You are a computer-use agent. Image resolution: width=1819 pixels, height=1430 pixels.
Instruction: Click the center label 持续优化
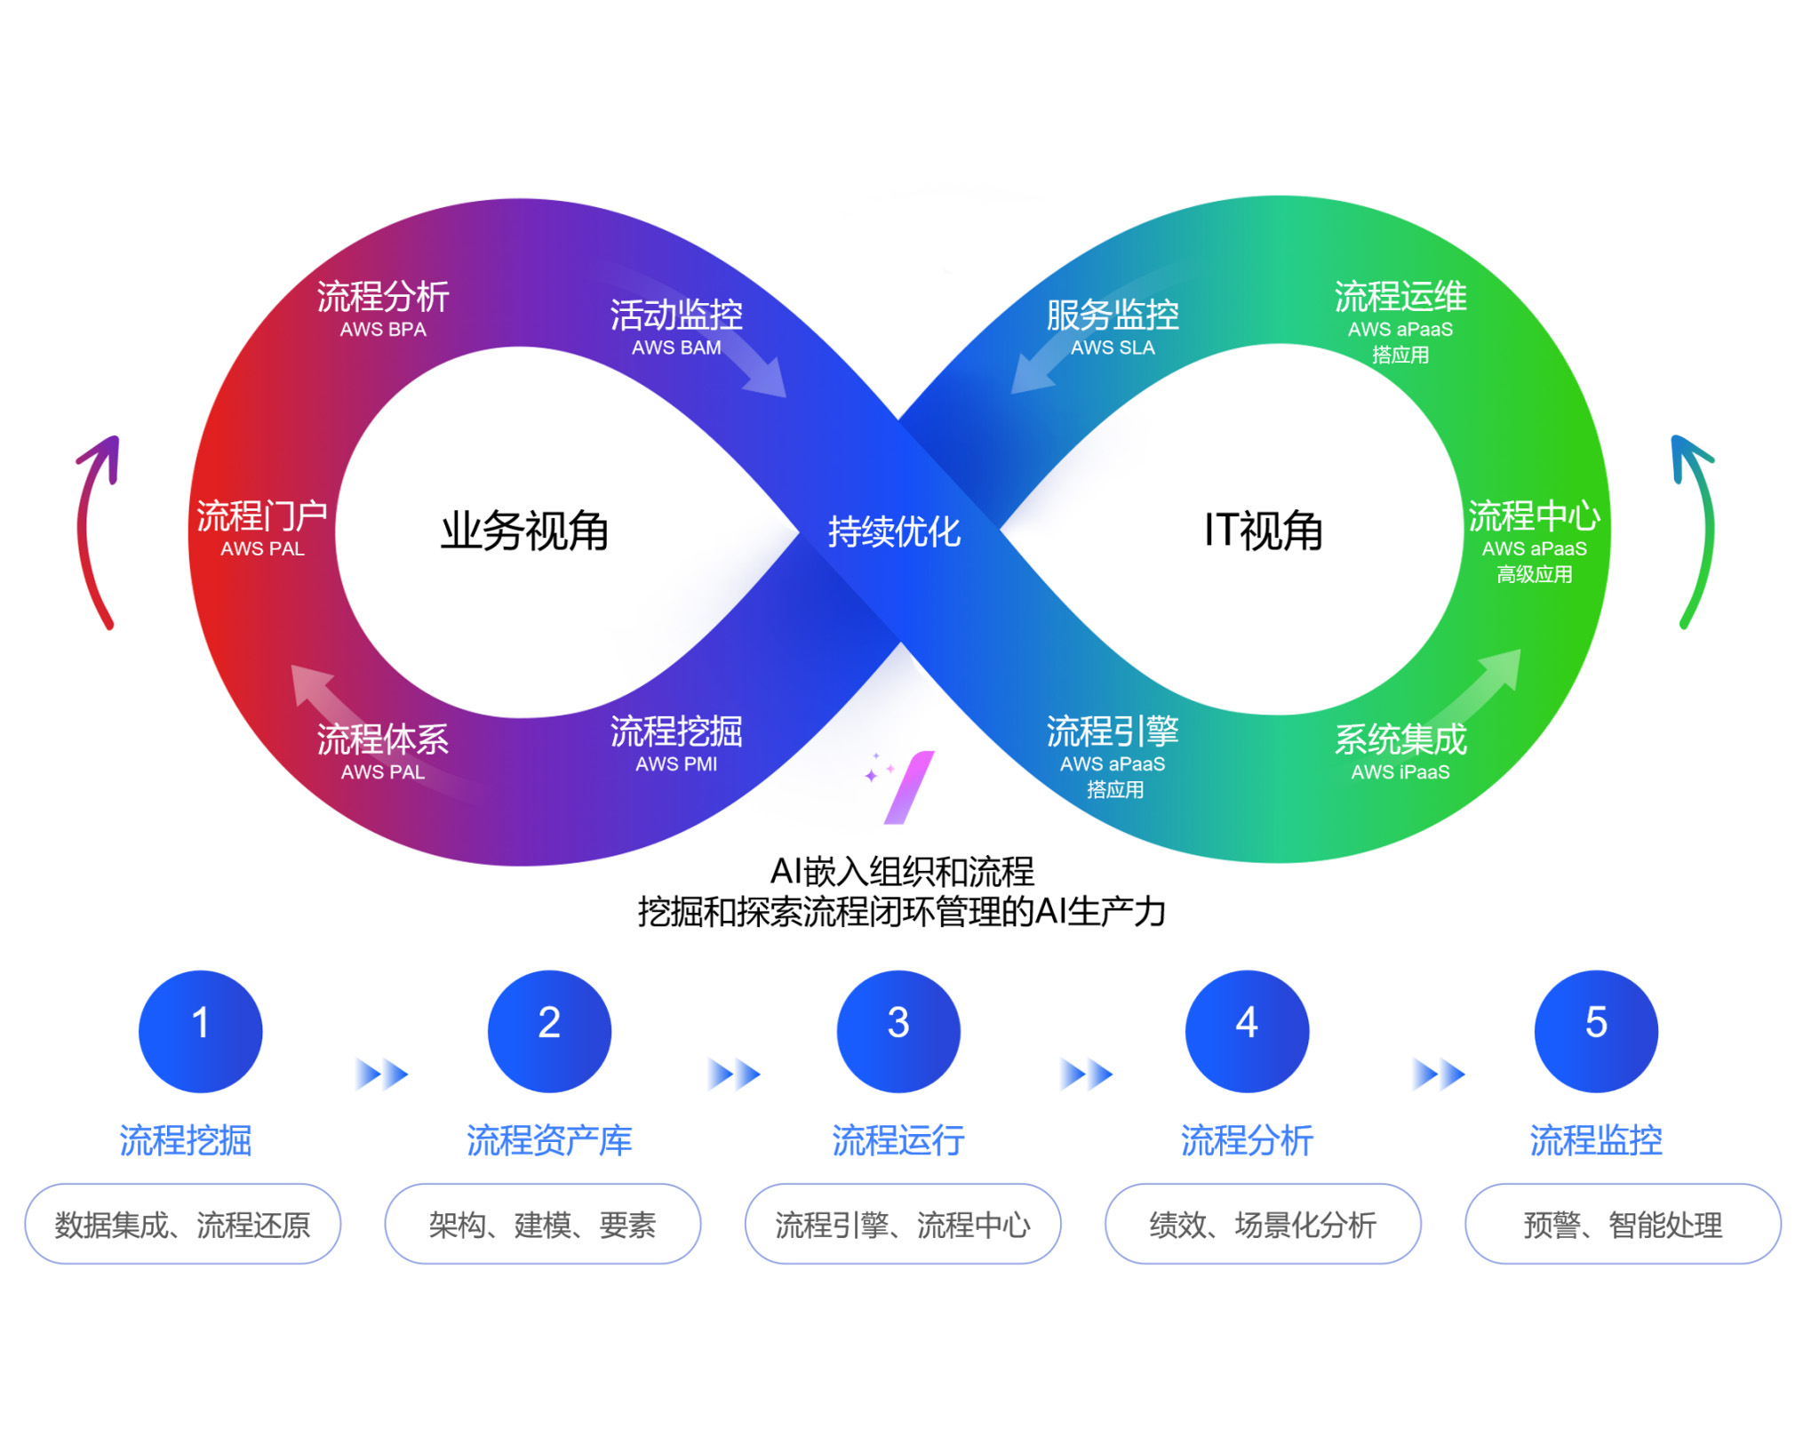tap(893, 531)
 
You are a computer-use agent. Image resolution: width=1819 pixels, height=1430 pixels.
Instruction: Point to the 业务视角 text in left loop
tap(524, 531)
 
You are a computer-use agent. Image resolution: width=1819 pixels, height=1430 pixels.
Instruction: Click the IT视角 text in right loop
tap(1263, 531)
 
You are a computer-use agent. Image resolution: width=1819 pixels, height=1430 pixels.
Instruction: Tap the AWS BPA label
tap(383, 329)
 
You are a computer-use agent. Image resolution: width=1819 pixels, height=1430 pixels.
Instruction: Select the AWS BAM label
tap(676, 348)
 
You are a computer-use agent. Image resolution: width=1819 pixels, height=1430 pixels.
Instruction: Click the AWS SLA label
tap(1113, 348)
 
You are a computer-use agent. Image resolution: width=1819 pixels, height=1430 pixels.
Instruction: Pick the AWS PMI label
tap(676, 763)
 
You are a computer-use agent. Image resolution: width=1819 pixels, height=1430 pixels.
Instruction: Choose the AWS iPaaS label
tap(1400, 771)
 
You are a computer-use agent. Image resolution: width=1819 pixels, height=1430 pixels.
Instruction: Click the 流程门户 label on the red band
tap(262, 515)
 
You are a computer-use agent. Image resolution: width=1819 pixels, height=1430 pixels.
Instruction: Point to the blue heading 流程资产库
tap(549, 1139)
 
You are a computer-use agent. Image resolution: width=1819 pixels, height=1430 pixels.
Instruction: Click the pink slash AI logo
tap(908, 787)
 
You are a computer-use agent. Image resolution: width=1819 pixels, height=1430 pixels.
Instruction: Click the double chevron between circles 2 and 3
tap(733, 1074)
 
